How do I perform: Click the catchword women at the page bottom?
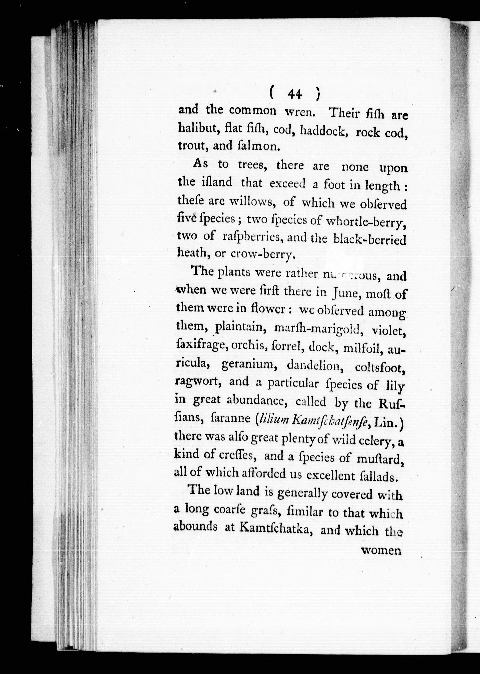[x=381, y=550]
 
